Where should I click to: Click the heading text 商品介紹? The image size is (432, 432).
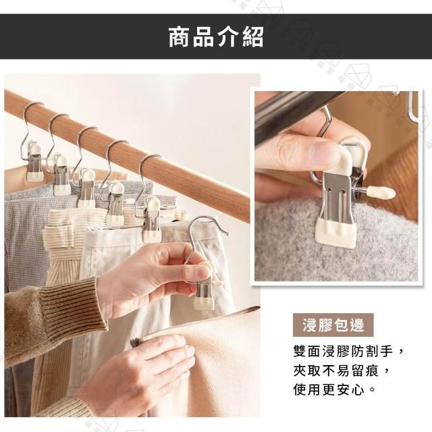pyautogui.click(x=216, y=37)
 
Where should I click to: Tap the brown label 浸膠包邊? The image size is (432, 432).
pyautogui.click(x=333, y=325)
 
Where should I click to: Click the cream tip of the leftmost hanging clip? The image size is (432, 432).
pyautogui.click(x=35, y=176)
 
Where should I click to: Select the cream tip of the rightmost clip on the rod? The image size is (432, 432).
pyautogui.click(x=151, y=236)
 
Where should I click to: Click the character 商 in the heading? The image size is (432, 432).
pyautogui.click(x=180, y=37)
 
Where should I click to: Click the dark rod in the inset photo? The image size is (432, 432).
pyautogui.click(x=292, y=115)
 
